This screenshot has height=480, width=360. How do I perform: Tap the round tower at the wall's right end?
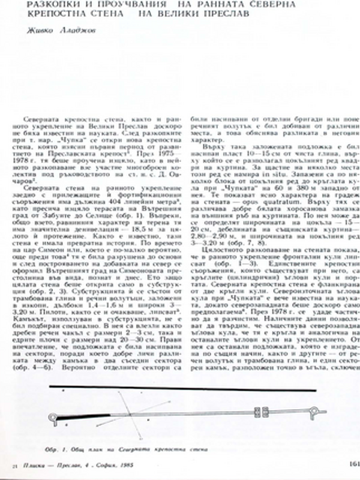(324, 413)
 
